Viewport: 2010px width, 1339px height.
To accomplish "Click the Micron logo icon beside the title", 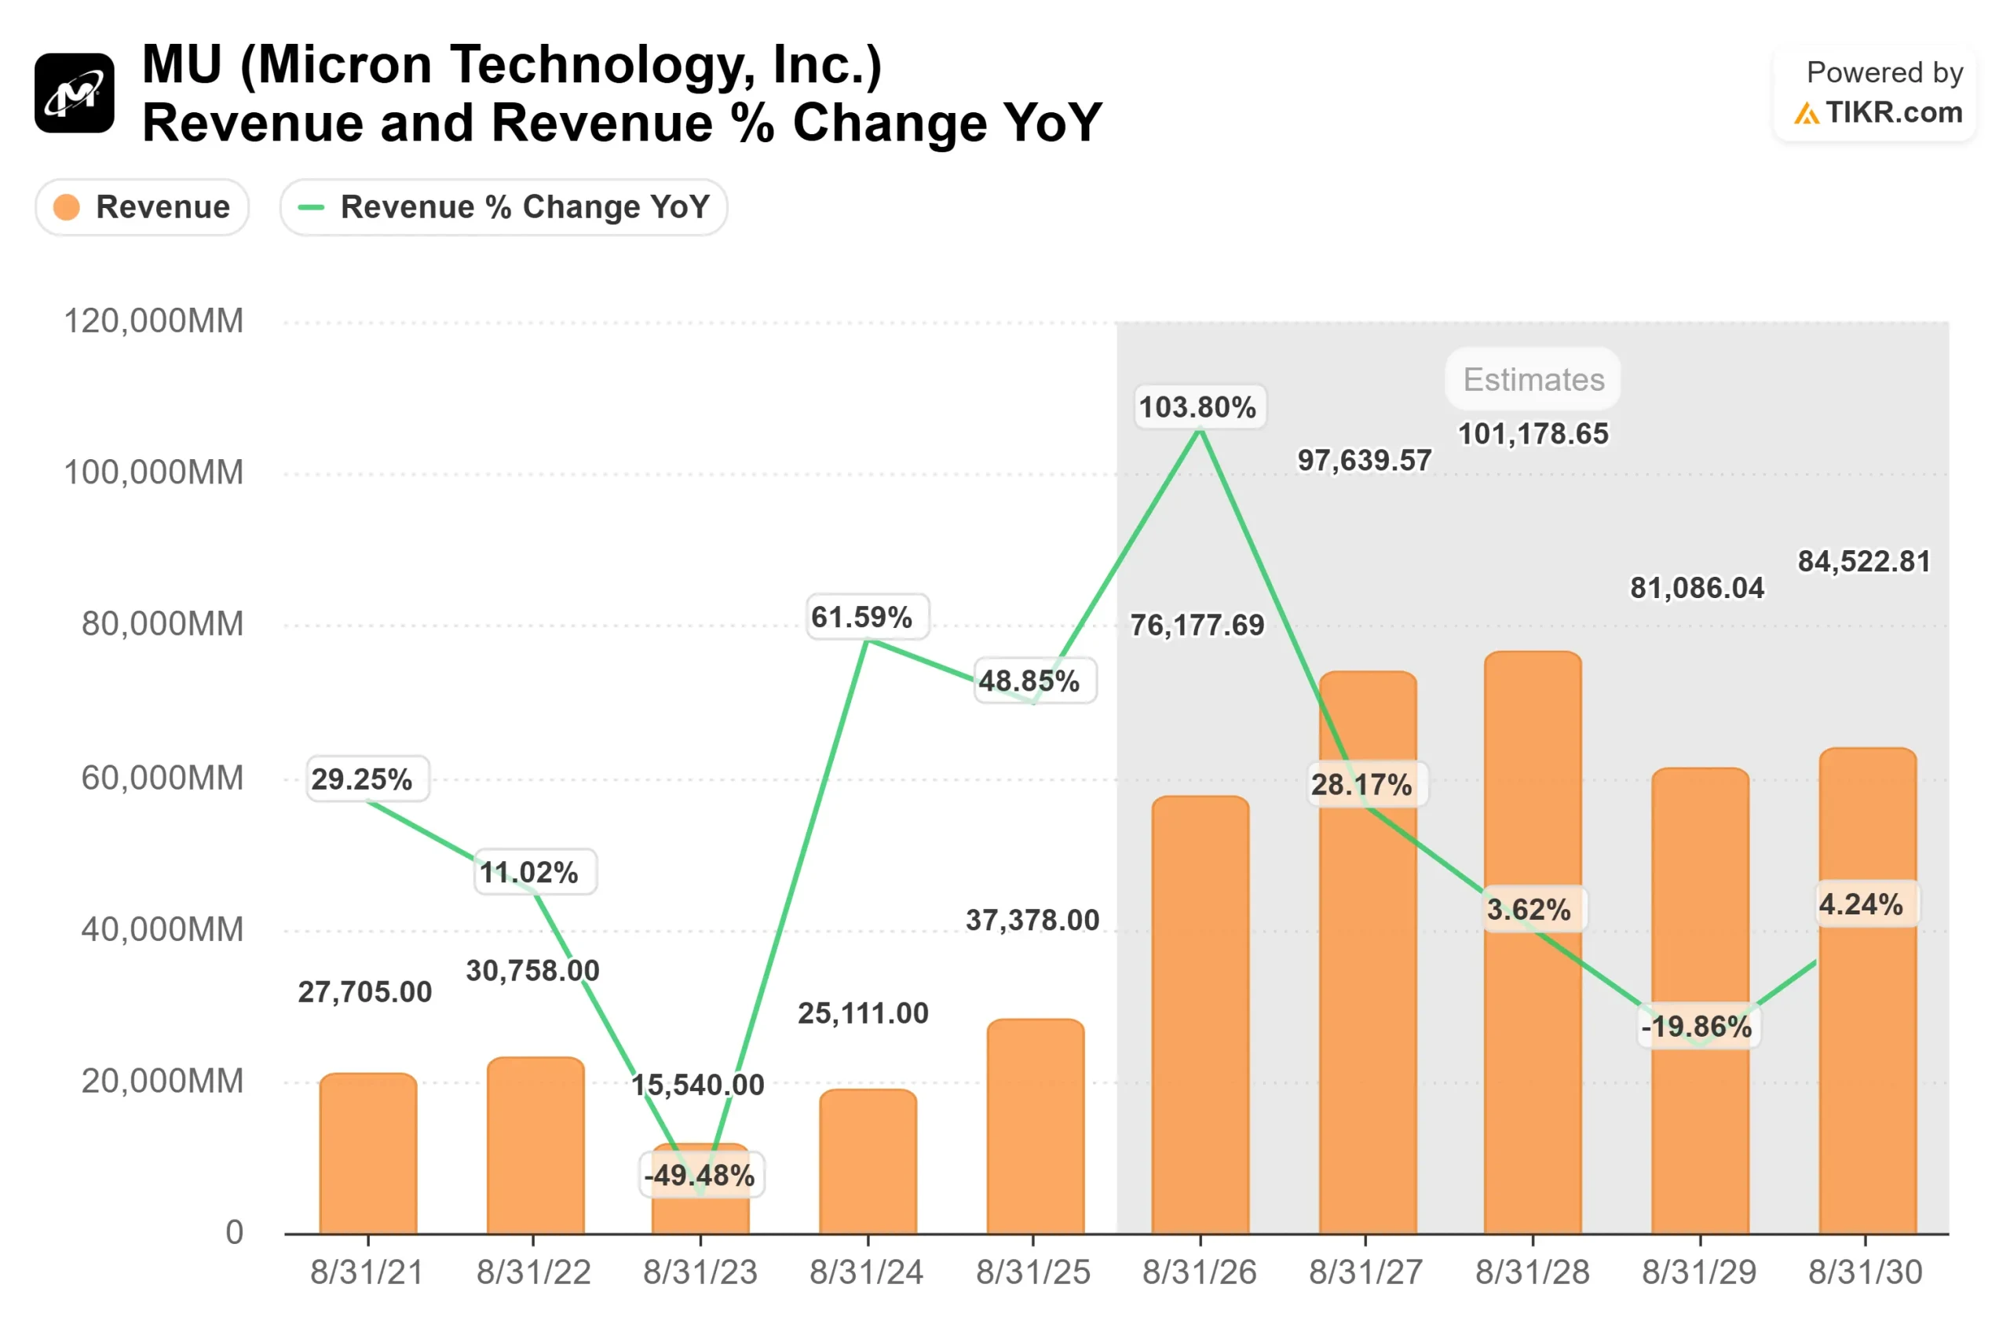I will click(x=75, y=93).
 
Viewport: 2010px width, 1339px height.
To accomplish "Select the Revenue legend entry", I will click(x=142, y=206).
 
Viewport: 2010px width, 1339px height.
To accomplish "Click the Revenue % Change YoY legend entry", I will click(x=503, y=206).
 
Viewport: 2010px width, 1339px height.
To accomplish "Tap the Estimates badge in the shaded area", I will click(x=1533, y=379).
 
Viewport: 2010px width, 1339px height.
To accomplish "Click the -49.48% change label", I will click(x=700, y=1175).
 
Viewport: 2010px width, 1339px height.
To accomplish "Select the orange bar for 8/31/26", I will click(x=1200, y=1016).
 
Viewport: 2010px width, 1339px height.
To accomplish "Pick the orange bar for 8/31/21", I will click(x=368, y=1153).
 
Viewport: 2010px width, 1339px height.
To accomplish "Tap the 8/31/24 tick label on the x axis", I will click(x=866, y=1272).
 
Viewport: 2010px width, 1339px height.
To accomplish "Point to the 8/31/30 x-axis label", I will click(x=1865, y=1272).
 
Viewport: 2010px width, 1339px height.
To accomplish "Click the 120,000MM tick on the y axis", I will click(x=154, y=321).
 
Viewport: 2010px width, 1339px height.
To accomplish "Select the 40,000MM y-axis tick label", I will click(x=163, y=929).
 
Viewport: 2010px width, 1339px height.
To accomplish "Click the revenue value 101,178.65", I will click(x=1533, y=434).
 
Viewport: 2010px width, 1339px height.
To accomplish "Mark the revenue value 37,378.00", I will click(x=1032, y=920).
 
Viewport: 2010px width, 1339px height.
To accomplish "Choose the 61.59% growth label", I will click(x=861, y=617).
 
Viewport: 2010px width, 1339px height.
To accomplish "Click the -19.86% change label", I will click(x=1696, y=1026).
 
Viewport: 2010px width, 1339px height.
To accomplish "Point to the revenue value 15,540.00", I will click(x=697, y=1085).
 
